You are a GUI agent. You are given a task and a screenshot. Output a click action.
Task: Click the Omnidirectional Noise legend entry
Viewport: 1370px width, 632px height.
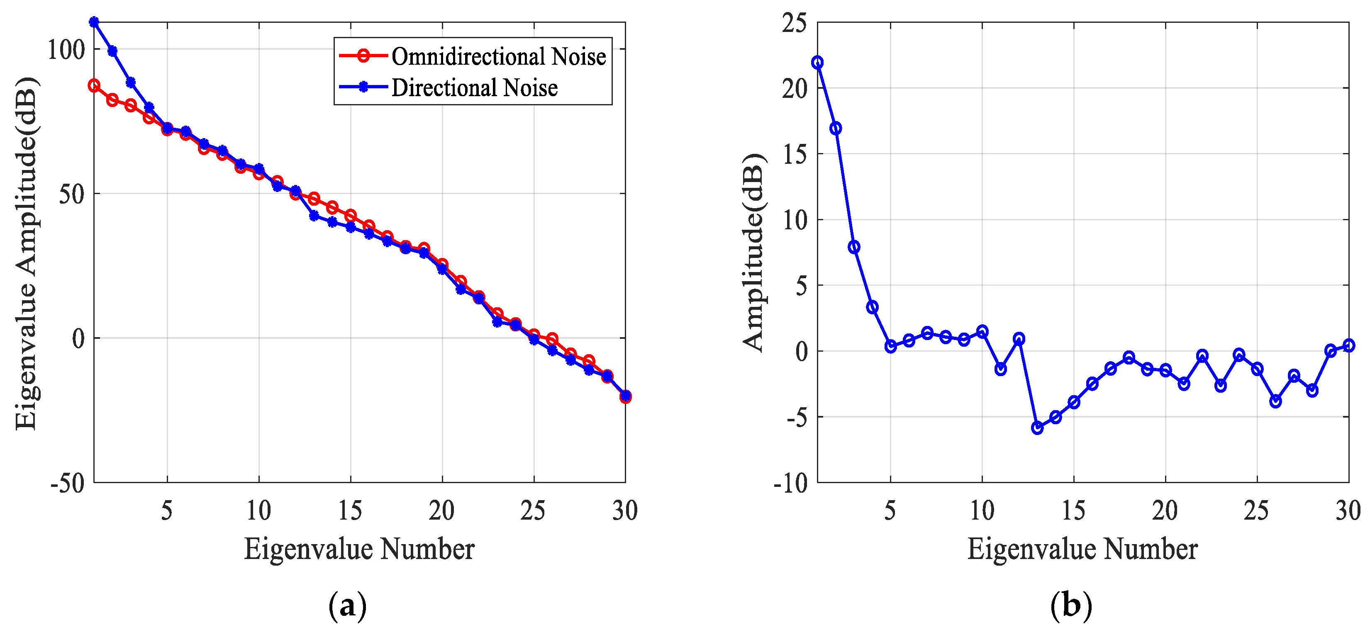498,56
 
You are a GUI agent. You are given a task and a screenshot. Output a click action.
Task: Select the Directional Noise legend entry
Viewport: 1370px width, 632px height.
474,88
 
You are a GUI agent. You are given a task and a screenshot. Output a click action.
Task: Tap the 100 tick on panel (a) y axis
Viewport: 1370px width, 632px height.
66,50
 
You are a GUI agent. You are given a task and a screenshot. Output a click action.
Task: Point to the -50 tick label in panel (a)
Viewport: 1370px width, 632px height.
68,483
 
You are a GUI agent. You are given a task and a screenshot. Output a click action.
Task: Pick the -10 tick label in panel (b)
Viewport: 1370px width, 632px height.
790,483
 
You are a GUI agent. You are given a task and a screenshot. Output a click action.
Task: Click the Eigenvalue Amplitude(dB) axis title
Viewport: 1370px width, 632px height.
27,253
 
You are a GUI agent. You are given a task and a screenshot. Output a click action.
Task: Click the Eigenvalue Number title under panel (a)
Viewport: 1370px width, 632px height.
359,549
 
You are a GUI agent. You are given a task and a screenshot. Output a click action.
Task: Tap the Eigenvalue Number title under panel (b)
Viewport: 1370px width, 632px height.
1082,549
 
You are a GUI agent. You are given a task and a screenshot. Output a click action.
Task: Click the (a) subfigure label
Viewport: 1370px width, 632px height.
347,605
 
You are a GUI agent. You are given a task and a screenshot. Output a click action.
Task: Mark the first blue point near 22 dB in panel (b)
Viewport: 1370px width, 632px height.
817,63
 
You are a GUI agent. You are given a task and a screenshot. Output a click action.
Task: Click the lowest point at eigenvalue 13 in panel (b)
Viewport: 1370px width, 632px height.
1037,428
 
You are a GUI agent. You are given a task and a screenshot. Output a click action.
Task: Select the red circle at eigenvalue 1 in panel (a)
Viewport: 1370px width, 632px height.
94,85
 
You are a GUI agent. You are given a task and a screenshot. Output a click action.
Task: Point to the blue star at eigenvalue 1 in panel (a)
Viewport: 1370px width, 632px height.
94,22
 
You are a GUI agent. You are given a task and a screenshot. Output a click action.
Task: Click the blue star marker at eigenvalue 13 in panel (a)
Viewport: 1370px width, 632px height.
314,216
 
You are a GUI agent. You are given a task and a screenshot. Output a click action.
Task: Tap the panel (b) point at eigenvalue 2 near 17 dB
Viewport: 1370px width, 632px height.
836,128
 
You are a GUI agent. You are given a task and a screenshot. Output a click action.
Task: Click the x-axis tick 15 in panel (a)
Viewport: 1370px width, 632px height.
350,511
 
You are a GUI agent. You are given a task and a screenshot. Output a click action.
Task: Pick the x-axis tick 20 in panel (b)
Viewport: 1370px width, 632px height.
1165,511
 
